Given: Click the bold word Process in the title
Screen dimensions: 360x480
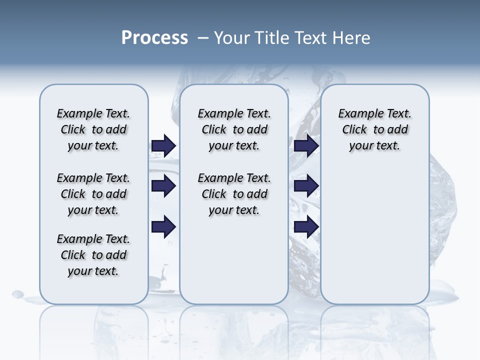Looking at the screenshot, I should tap(154, 38).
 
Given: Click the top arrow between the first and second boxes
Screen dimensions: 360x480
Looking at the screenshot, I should tap(163, 145).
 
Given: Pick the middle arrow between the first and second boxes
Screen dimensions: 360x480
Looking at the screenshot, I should tap(163, 186).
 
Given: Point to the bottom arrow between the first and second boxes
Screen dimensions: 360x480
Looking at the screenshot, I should tap(163, 227).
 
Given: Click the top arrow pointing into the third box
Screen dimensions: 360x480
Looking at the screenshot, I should tap(306, 145).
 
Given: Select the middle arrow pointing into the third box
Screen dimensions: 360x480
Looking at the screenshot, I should tap(306, 186).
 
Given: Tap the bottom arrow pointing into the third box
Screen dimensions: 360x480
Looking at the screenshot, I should tap(306, 227).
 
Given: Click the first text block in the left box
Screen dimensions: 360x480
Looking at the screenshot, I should tap(93, 129).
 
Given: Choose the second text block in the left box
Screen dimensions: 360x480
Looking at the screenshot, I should tap(93, 194).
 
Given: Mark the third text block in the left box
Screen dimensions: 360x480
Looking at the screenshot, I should tap(93, 255).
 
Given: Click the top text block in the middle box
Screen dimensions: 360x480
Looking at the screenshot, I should tap(234, 129).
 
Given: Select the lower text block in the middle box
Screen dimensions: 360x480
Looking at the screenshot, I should tap(234, 194).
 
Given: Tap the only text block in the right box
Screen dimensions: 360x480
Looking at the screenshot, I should tap(375, 129).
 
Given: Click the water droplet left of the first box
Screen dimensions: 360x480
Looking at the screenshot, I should tap(18, 293).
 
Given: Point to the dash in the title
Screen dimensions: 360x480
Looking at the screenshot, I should tap(203, 38).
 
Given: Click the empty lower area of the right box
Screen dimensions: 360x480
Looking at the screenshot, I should tap(375, 235).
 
